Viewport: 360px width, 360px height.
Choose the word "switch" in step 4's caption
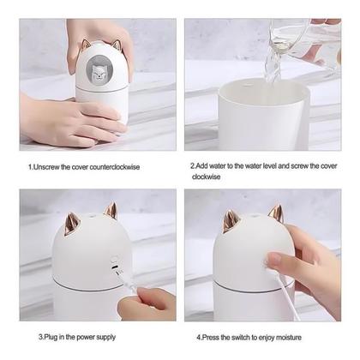tap(245, 338)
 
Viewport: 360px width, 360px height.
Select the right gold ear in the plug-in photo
tap(111, 210)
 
